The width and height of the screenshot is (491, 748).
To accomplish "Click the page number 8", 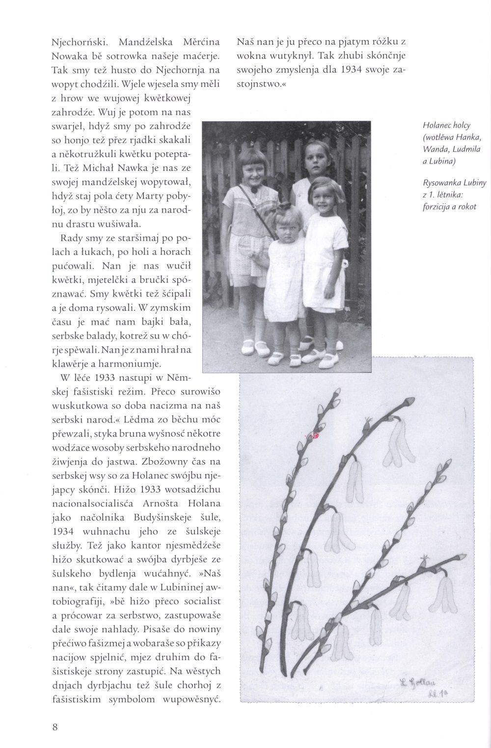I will (x=55, y=727).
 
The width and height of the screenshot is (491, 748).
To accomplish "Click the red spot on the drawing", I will (x=315, y=435).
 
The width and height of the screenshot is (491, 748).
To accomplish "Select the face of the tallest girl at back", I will (x=317, y=156).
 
